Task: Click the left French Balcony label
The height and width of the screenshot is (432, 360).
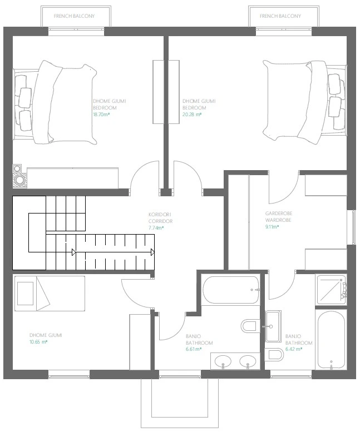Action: pos(74,16)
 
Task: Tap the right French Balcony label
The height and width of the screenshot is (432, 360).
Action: pos(280,16)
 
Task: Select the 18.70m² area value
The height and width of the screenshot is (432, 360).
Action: pos(101,115)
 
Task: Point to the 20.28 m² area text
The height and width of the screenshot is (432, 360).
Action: pos(192,115)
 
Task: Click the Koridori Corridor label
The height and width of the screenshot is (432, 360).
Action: pos(160,217)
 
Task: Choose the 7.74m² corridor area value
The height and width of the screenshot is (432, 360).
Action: pos(156,228)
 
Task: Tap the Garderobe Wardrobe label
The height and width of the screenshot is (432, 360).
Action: pos(279,216)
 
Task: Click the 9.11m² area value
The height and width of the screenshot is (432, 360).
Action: pos(272,227)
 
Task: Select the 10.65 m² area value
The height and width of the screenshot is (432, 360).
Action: pos(38,342)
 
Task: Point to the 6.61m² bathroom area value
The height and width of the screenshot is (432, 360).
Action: pos(194,349)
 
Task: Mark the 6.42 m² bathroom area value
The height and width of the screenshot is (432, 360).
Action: pos(294,349)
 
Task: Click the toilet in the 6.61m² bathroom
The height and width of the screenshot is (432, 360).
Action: pos(250,326)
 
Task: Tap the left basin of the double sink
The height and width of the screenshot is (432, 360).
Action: pos(223,361)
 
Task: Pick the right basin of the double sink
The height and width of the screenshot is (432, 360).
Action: pos(248,361)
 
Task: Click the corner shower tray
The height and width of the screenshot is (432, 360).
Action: pos(331,290)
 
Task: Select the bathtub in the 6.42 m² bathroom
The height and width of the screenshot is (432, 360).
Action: pos(331,339)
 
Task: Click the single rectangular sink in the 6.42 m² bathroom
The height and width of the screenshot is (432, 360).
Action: pos(273,326)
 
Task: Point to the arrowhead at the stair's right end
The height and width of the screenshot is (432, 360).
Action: pos(152,252)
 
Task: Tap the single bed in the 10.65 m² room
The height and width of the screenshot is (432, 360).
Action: pos(50,294)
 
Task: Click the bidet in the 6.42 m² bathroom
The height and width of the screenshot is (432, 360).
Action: pos(274,355)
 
